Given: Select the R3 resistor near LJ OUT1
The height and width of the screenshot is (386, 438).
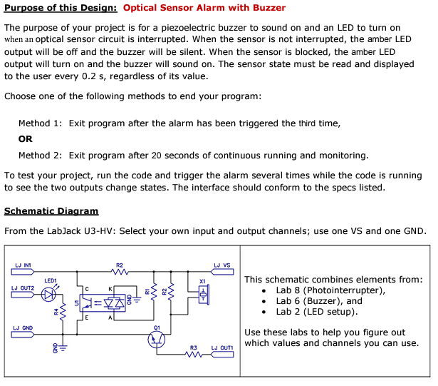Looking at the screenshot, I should pyautogui.click(x=192, y=355).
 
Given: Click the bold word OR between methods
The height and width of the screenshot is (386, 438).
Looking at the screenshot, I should pyautogui.click(x=26, y=139).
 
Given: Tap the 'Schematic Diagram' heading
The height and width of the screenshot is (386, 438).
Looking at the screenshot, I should pyautogui.click(x=51, y=211).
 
